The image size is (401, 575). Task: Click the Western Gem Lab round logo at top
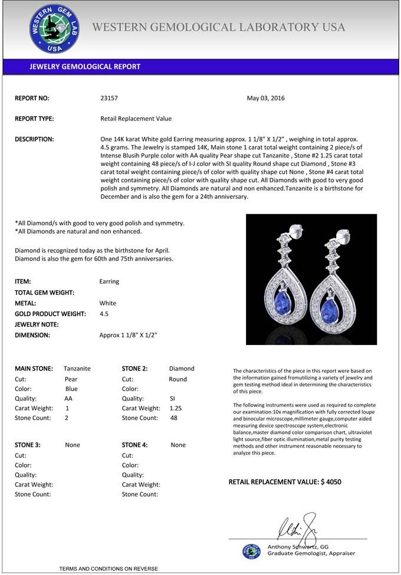coord(55,29)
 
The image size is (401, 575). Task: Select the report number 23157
coord(109,98)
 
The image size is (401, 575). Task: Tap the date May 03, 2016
coord(265,98)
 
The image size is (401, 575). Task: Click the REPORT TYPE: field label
coord(34,119)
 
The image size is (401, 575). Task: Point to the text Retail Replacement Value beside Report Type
coord(136,119)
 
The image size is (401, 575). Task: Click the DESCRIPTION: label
coord(34,139)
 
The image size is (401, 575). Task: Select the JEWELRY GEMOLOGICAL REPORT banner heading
coord(85,67)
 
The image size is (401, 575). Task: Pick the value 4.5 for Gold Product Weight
coord(104,314)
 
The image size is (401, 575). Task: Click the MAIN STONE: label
coord(34,369)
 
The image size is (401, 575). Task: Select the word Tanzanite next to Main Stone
coord(77,369)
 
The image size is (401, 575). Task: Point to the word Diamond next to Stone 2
coord(182,369)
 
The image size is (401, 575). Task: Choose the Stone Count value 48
coord(173,418)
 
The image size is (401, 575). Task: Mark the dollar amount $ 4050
coord(331,482)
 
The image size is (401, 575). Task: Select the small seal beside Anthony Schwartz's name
coord(251,551)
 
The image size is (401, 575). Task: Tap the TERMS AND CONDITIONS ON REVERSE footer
coord(109,569)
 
